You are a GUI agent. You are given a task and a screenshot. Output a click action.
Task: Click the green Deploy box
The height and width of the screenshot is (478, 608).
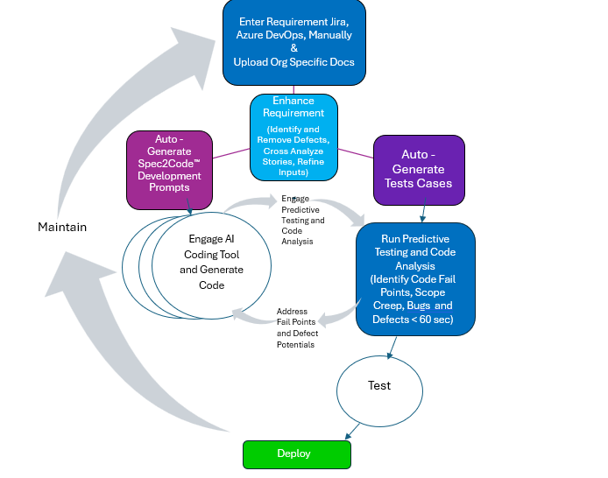pyautogui.click(x=296, y=453)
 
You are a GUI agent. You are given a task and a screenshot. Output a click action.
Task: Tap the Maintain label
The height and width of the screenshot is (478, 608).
pyautogui.click(x=62, y=227)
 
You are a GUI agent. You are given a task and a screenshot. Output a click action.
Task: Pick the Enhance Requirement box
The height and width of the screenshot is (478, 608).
pyautogui.click(x=293, y=137)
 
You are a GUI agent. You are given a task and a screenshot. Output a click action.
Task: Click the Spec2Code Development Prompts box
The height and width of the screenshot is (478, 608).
pyautogui.click(x=170, y=170)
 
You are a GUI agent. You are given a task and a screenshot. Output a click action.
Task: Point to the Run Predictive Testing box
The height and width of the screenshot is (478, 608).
pyautogui.click(x=416, y=278)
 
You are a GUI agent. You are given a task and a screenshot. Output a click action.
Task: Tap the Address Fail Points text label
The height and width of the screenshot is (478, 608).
pyautogui.click(x=298, y=327)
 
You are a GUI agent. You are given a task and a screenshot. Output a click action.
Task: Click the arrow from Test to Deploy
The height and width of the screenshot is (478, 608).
pyautogui.click(x=351, y=431)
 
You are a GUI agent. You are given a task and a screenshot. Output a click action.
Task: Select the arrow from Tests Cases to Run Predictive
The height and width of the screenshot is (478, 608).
pyautogui.click(x=423, y=214)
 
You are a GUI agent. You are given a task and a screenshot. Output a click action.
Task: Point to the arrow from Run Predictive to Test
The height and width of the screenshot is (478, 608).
pyautogui.click(x=391, y=346)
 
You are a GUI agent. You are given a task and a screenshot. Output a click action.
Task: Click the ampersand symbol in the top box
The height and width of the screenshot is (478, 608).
pyautogui.click(x=293, y=48)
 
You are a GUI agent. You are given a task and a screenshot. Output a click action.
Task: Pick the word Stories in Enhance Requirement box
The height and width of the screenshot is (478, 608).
pyautogui.click(x=279, y=162)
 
